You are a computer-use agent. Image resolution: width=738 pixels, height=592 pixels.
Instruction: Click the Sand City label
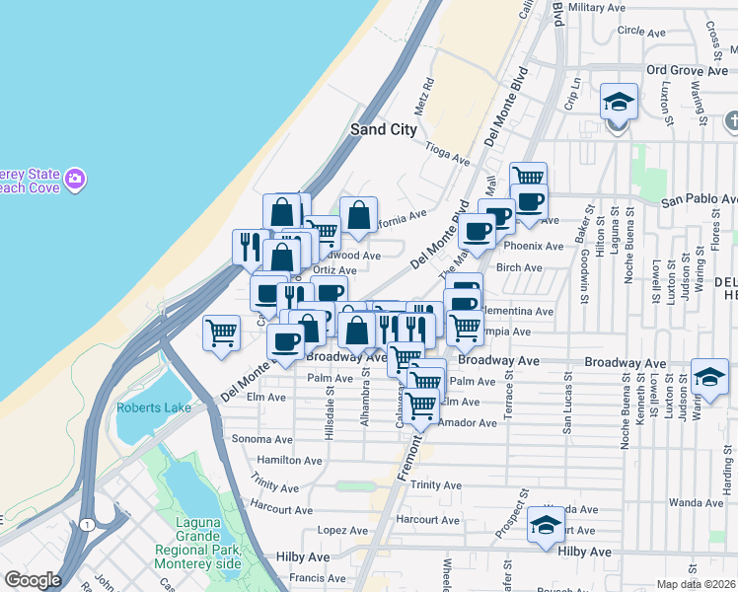pyautogui.click(x=384, y=129)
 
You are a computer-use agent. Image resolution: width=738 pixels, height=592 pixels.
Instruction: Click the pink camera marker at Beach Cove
pyautogui.click(x=76, y=180)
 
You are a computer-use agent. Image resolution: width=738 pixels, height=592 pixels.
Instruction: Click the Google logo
pyautogui.click(x=33, y=580)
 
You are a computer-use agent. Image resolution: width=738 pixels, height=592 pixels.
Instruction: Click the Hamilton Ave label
pyautogui.click(x=289, y=461)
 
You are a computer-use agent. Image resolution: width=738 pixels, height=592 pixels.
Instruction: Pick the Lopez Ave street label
pyautogui.click(x=343, y=531)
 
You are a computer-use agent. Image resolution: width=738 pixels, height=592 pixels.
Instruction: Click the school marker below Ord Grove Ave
pyautogui.click(x=619, y=103)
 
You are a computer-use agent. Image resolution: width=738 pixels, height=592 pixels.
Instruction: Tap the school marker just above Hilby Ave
pyautogui.click(x=545, y=525)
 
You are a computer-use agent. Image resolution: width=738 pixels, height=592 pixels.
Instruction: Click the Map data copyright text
pyautogui.click(x=696, y=584)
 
